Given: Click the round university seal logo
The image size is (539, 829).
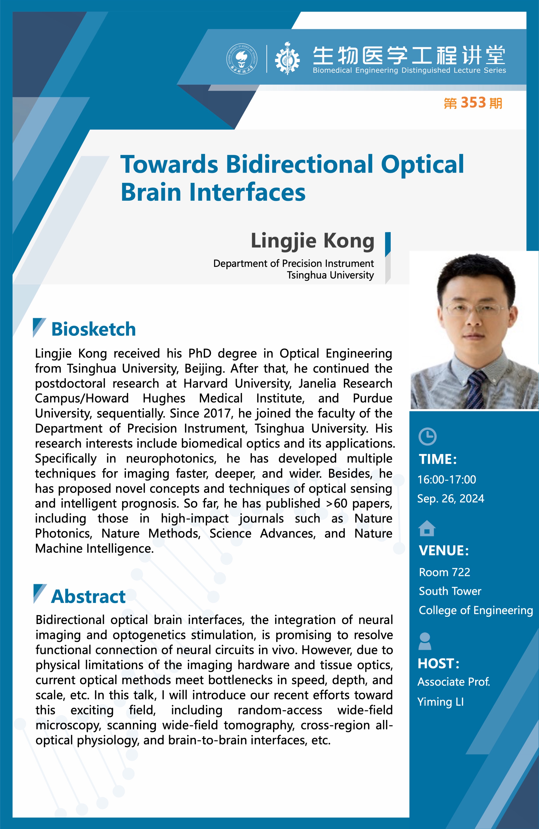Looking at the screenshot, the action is coord(242,59).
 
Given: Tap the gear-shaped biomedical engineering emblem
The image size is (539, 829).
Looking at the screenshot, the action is coord(287,58).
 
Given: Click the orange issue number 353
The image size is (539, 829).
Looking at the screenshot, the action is coord(473,103).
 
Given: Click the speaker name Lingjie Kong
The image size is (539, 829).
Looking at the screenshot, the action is coord(313,241).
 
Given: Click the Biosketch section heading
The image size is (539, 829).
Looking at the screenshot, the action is coord(93,329).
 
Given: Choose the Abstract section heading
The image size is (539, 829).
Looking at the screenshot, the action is coord(88,596).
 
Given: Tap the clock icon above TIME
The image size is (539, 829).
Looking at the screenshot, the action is coord(427,436).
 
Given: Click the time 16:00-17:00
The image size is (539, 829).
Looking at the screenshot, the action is coord(447,480).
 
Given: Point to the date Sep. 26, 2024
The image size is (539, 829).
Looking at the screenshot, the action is coord(451,499).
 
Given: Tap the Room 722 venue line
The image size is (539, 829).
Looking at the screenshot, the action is coord(445,572).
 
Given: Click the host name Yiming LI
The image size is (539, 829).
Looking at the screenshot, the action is coord(441,702).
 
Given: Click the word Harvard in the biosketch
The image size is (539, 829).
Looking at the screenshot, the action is coord(205,383).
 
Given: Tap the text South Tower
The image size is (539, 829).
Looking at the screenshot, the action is coord(450,591).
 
